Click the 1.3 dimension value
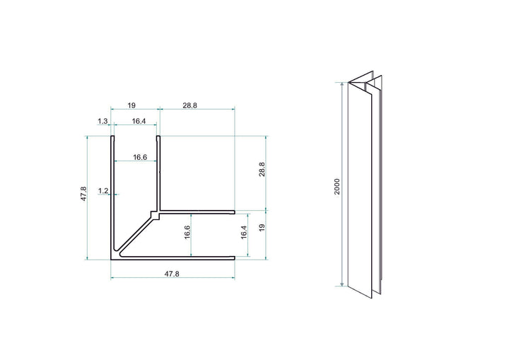(103, 122)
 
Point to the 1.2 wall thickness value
(103, 191)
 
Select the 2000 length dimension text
(338, 187)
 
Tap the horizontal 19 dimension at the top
(131, 105)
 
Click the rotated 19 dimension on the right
(262, 228)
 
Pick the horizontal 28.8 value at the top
(189, 105)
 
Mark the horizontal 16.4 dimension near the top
(139, 122)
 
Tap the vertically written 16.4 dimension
(244, 233)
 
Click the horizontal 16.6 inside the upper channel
(140, 158)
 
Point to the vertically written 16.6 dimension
(186, 233)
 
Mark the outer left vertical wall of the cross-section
(110, 198)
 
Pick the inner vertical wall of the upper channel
(158, 173)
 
